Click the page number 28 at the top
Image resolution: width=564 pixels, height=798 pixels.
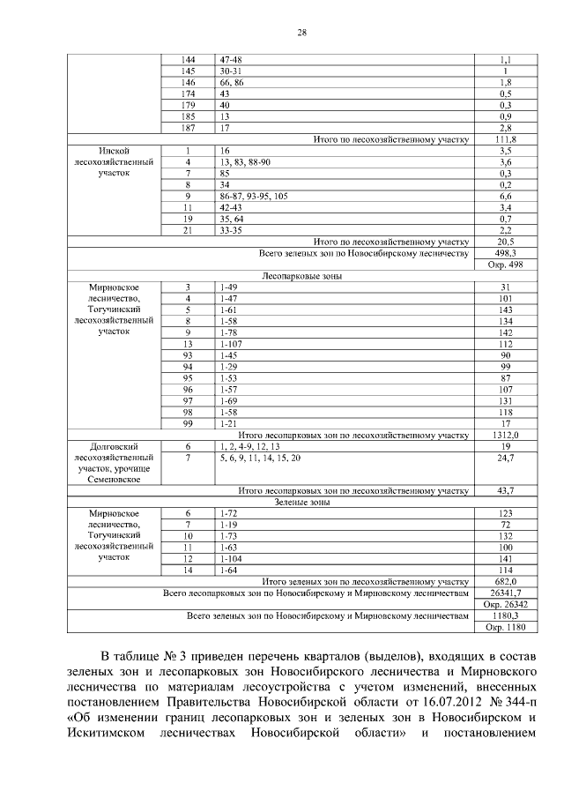point(302,33)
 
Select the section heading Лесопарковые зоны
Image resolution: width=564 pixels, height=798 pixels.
point(302,276)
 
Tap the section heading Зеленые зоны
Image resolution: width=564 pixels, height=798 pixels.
point(302,502)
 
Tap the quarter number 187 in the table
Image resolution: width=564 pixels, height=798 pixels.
point(187,128)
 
